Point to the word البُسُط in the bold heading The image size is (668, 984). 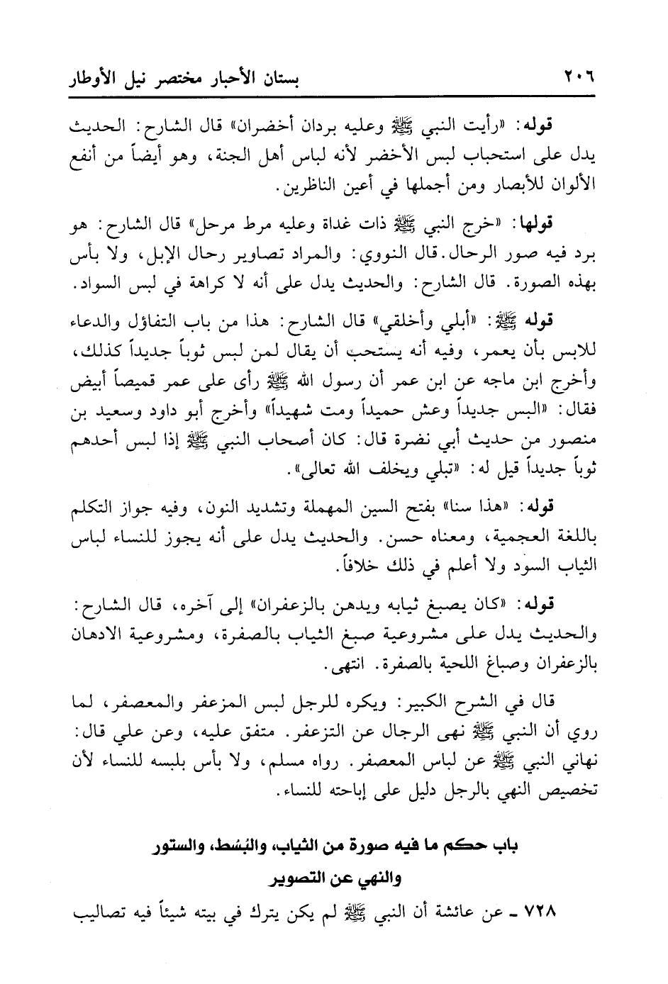[x=235, y=846]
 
